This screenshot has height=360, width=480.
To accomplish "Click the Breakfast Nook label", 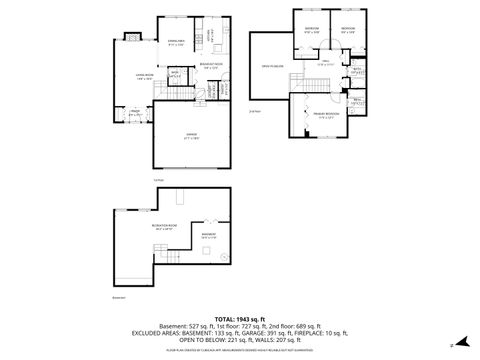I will pos(211,66).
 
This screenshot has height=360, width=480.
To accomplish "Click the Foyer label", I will pos(133,113).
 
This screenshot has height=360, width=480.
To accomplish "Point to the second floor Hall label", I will pos(325,64).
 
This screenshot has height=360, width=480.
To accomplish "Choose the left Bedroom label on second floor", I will pos(312,29).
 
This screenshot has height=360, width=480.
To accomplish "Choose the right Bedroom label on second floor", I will pos(347,29).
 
